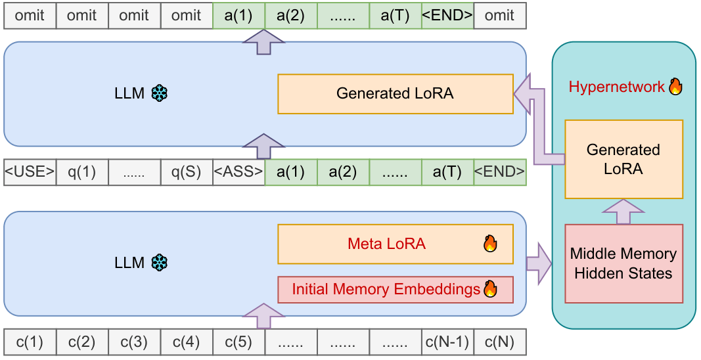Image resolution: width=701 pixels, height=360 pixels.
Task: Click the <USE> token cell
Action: tap(30, 172)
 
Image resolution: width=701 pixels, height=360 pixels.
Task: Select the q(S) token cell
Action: tap(187, 172)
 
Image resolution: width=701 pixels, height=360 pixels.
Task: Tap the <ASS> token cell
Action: tap(238, 172)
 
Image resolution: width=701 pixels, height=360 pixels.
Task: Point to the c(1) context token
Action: tap(30, 342)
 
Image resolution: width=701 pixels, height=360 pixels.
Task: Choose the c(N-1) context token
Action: tap(447, 342)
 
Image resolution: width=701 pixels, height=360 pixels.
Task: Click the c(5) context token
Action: tap(238, 342)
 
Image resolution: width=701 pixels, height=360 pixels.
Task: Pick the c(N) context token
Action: tap(499, 342)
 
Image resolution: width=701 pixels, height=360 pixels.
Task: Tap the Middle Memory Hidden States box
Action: tap(623, 263)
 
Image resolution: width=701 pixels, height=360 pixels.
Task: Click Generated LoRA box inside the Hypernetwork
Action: tap(623, 159)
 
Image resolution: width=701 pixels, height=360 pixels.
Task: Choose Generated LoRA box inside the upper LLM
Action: tap(395, 93)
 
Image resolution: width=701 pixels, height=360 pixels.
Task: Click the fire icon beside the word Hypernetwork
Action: tap(675, 87)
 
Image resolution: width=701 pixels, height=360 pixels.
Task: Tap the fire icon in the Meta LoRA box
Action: tap(490, 244)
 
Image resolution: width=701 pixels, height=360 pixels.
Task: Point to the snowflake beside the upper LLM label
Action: tap(160, 93)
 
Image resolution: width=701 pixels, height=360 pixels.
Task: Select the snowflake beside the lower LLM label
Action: tap(160, 263)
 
